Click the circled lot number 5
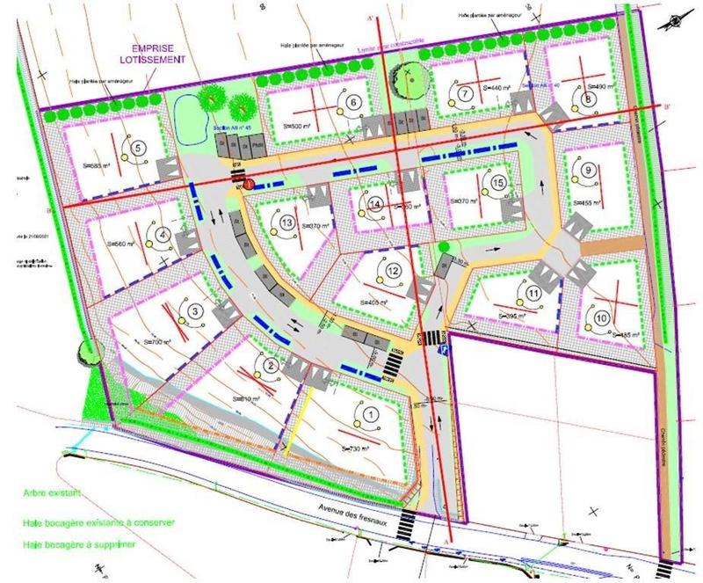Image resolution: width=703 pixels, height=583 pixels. click(139, 148)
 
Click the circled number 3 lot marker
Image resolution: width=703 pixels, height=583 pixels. click(194, 310)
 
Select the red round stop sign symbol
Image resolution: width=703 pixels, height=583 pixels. click(250, 185)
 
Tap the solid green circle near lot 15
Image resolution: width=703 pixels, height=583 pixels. click(444, 245)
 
